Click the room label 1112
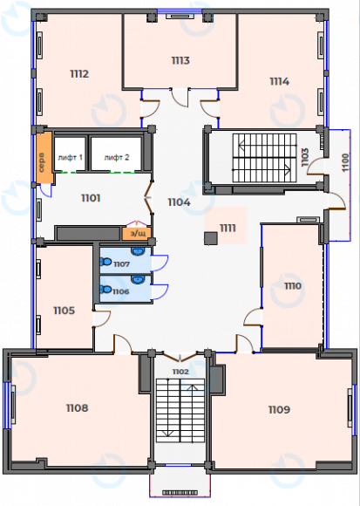tap(79, 74)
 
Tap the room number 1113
tap(180, 60)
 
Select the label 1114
tap(280, 81)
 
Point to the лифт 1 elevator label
tap(70, 158)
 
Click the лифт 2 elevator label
tap(117, 158)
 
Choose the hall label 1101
tap(90, 198)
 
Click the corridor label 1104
tap(179, 202)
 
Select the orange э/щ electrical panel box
tap(137, 233)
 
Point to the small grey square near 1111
tap(210, 237)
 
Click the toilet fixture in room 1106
tap(106, 290)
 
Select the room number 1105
tap(64, 311)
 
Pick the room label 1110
tap(292, 285)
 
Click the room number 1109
tap(279, 408)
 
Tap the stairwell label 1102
tap(180, 372)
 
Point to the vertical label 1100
tap(344, 161)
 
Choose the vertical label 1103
tap(304, 157)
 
